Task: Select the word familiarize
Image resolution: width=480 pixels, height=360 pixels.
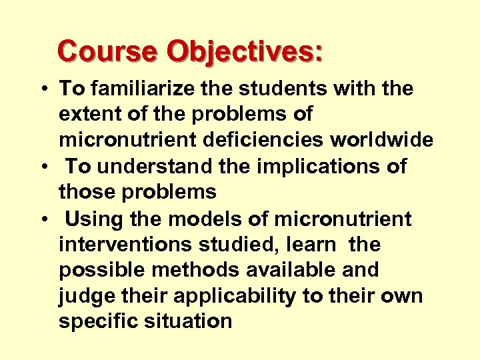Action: point(139,89)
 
